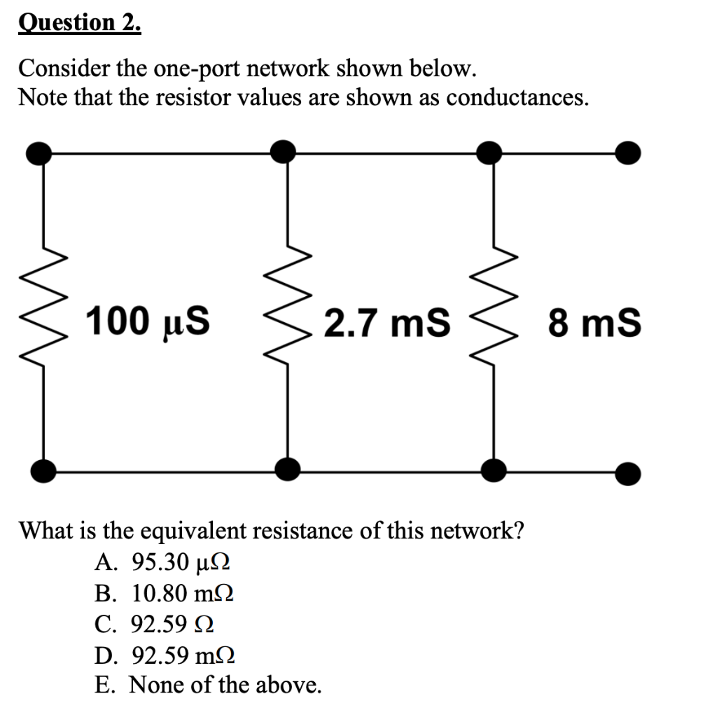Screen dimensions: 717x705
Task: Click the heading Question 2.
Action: point(79,23)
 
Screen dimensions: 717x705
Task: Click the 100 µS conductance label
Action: point(149,323)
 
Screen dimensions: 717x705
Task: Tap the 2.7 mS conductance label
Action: point(387,323)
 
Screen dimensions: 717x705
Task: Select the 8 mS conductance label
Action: point(594,323)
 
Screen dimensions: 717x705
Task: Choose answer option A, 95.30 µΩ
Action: point(162,562)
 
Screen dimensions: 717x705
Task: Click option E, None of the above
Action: point(208,684)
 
